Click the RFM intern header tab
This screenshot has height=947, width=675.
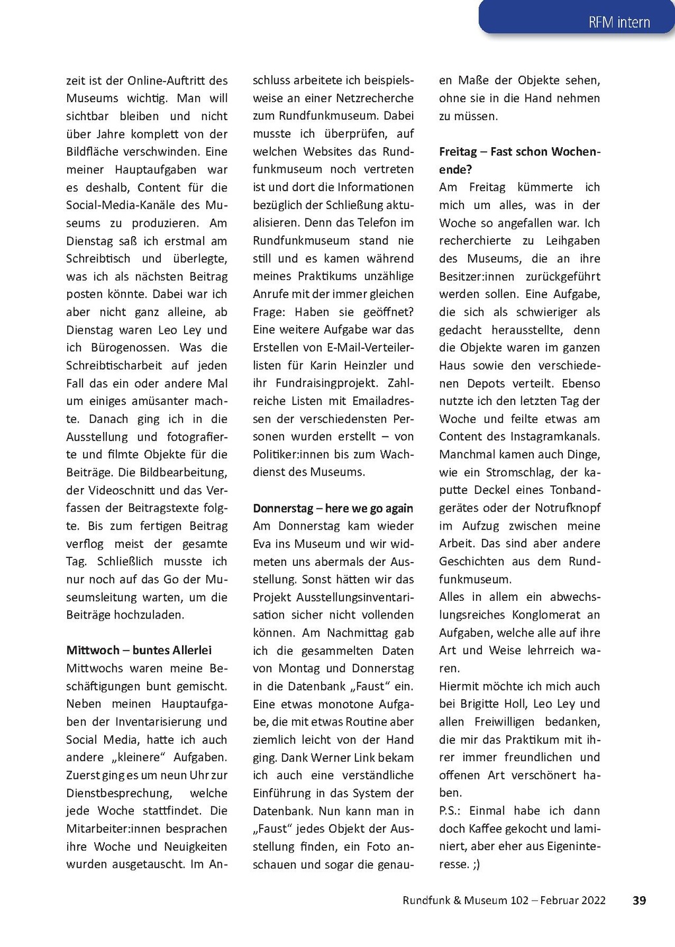tap(619, 22)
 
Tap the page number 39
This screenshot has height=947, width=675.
tap(639, 900)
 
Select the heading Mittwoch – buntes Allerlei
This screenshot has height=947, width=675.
tap(139, 650)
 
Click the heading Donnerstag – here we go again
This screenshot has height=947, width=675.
tap(333, 508)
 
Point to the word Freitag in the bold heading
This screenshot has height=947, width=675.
tap(458, 152)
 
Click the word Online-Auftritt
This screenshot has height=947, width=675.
tap(167, 80)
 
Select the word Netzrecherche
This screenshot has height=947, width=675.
tap(375, 98)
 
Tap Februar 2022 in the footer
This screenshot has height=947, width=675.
tap(573, 900)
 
